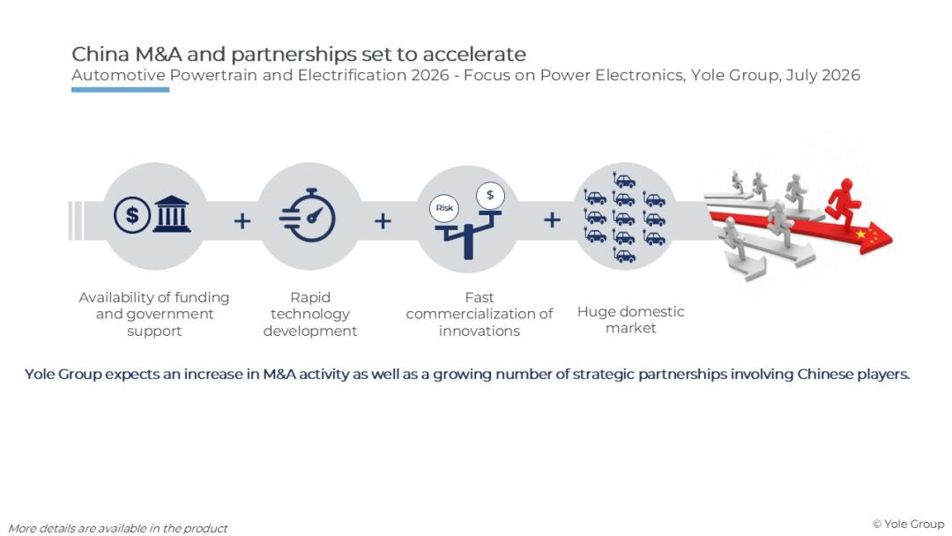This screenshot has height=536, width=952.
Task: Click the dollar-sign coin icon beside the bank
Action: coord(131,214)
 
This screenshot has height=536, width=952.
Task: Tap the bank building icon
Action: coord(172,213)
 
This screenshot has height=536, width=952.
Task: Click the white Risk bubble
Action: coord(443,207)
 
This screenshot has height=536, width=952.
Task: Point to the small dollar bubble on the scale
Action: coord(490,196)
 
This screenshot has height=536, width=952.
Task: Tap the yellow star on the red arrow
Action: coord(860,234)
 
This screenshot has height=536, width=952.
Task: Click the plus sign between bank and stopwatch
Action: coord(242,220)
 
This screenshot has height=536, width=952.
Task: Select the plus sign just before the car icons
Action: coord(551,220)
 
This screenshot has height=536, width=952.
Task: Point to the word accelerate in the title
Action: coord(474,54)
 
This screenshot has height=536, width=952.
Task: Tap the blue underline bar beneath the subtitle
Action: coord(120,90)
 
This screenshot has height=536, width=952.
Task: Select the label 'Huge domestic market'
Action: coord(630,320)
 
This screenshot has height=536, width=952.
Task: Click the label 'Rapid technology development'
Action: coord(310,314)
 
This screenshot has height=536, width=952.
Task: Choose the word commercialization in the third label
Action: coord(467,314)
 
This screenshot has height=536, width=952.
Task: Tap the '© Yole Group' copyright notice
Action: coord(908,524)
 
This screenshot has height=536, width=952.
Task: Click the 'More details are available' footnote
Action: coord(118,529)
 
